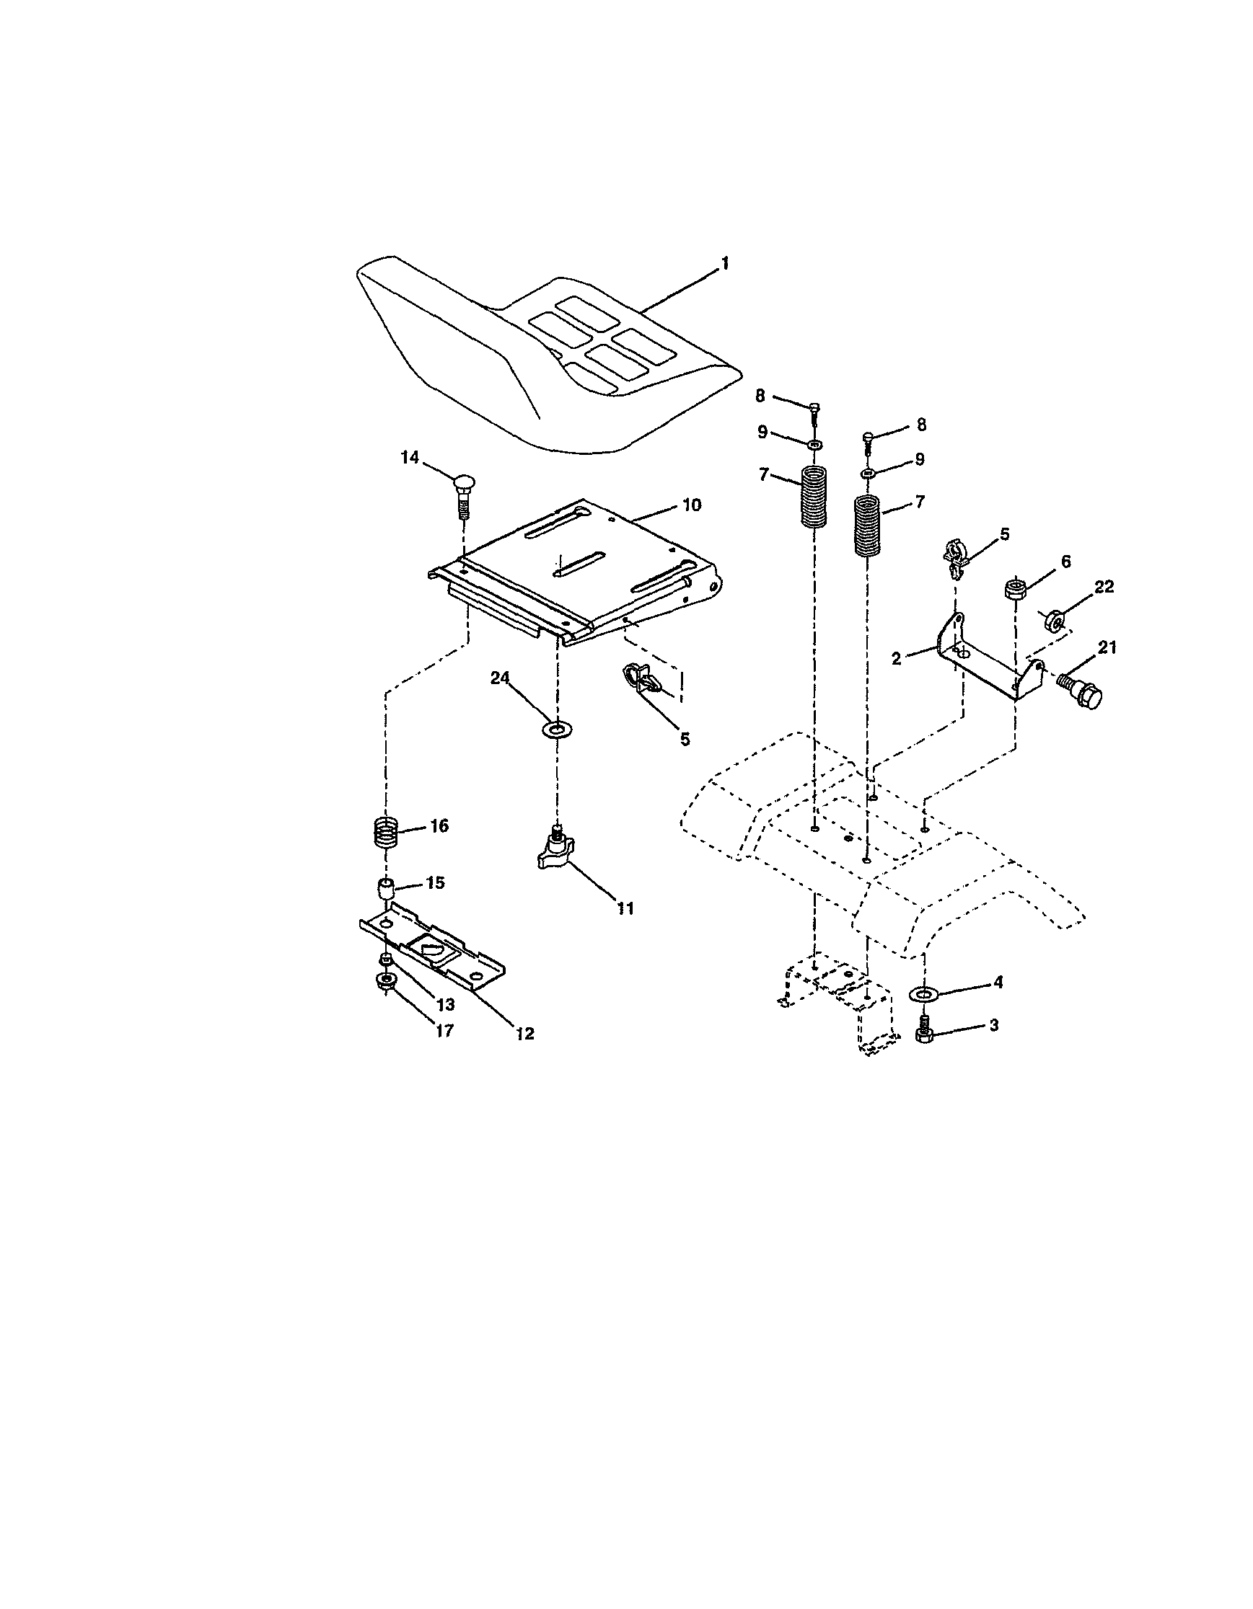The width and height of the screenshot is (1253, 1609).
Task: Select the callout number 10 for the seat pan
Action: point(691,505)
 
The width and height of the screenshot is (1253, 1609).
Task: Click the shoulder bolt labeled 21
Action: point(1081,691)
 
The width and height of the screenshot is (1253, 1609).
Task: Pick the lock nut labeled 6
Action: point(1014,589)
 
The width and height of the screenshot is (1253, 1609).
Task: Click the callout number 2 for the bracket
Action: point(896,659)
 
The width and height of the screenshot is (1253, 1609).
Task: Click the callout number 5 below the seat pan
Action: point(685,739)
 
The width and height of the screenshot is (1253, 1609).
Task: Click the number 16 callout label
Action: point(439,826)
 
